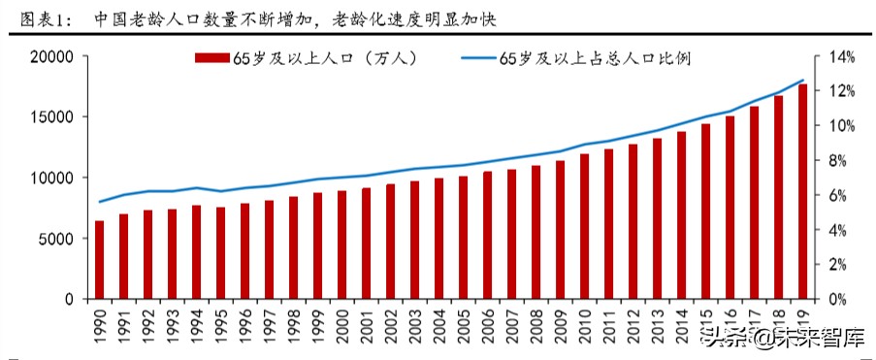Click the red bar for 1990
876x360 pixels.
99,260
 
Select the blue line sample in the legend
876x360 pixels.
476,59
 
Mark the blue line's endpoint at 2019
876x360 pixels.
803,81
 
